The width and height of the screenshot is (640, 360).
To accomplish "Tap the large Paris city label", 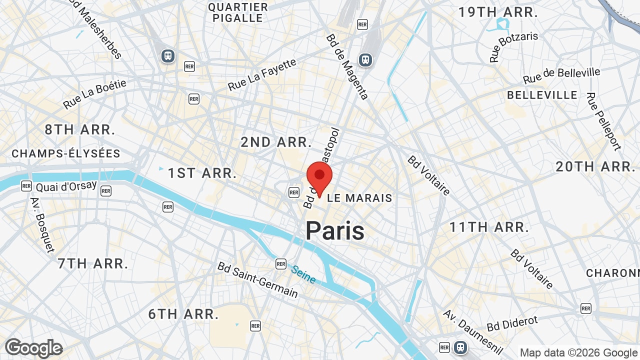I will tap(335, 231).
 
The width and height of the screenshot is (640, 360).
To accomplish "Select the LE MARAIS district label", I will tap(359, 198).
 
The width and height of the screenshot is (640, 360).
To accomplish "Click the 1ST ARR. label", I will tap(202, 173).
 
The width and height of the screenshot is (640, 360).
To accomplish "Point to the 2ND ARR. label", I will tap(276, 142).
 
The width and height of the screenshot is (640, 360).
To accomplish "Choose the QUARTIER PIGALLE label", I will tap(238, 12).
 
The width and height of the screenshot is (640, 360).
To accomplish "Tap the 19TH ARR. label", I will tap(498, 12).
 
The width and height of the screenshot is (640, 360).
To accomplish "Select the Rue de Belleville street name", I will tap(561, 75).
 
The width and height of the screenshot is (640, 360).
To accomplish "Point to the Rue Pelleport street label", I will tap(603, 121).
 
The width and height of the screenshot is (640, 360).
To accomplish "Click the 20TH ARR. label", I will tap(595, 166).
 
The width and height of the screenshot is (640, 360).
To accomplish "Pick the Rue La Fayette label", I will tap(262, 75).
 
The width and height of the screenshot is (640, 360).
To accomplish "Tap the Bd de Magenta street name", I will tap(347, 66).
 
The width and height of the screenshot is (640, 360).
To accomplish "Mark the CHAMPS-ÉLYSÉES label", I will tap(66, 153).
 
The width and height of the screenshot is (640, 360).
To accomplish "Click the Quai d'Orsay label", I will tap(66, 186).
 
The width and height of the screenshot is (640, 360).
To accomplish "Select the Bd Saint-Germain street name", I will tap(257, 279).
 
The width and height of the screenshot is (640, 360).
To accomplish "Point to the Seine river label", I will tap(303, 274).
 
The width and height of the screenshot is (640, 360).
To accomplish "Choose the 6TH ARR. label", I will tap(183, 314).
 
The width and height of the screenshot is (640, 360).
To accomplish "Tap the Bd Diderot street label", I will tap(512, 323).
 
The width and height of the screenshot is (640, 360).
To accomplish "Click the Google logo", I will tap(33, 348).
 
